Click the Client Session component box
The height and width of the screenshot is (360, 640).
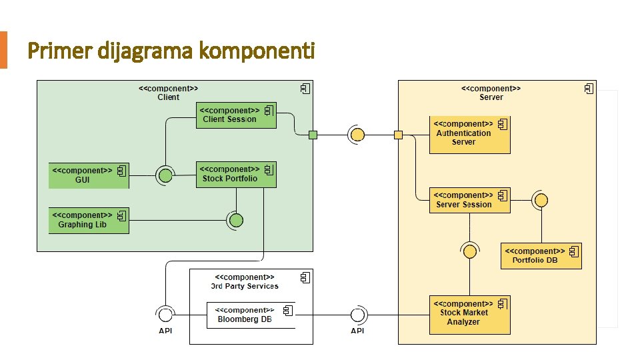[x=235, y=115]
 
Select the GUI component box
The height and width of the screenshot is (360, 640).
[x=89, y=175]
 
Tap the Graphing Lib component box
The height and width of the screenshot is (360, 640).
[x=89, y=220]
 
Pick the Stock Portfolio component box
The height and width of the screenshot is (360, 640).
[x=235, y=174]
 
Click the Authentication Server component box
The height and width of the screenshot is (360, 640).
[x=469, y=134]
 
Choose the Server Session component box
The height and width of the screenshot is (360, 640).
[x=469, y=200]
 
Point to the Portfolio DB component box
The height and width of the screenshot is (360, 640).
[x=541, y=256]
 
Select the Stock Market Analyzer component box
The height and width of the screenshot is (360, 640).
[x=469, y=315]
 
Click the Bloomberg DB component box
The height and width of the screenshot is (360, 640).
[x=250, y=315]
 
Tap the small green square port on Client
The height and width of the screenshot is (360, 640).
[x=313, y=135]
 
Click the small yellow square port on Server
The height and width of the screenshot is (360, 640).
[x=398, y=135]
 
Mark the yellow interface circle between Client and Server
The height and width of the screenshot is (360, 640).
[x=357, y=135]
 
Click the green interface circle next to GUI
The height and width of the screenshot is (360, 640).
[x=164, y=176]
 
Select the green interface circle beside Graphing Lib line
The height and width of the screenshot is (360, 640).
[x=235, y=220]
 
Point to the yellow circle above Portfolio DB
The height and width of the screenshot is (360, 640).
[x=541, y=200]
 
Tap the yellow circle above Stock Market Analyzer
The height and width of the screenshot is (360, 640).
[x=470, y=251]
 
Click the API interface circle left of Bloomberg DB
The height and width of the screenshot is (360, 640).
[x=164, y=315]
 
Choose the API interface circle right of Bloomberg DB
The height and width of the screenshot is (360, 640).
[x=358, y=315]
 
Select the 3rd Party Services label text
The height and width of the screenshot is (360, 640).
[x=245, y=286]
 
